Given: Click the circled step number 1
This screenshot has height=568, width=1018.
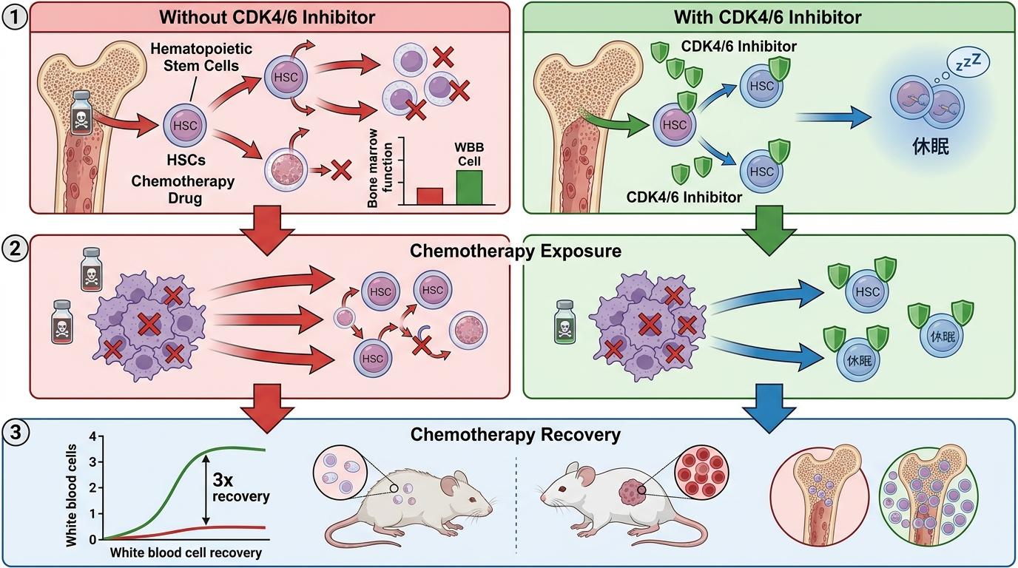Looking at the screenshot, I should (x=15, y=15).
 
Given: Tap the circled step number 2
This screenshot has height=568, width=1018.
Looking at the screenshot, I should (x=15, y=248).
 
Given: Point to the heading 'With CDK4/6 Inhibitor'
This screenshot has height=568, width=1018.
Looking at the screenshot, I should (x=769, y=16).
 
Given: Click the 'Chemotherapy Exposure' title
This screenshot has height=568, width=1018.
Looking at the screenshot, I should (x=515, y=251).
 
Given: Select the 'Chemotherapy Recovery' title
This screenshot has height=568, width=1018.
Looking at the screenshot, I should (x=515, y=434).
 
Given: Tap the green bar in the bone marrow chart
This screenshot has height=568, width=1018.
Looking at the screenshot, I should (x=468, y=187).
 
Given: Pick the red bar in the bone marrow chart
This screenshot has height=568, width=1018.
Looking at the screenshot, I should (x=430, y=195).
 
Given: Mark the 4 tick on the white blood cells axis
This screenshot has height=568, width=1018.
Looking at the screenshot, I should (x=92, y=436).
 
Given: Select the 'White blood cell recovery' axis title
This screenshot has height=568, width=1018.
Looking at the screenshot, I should (x=186, y=552).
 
